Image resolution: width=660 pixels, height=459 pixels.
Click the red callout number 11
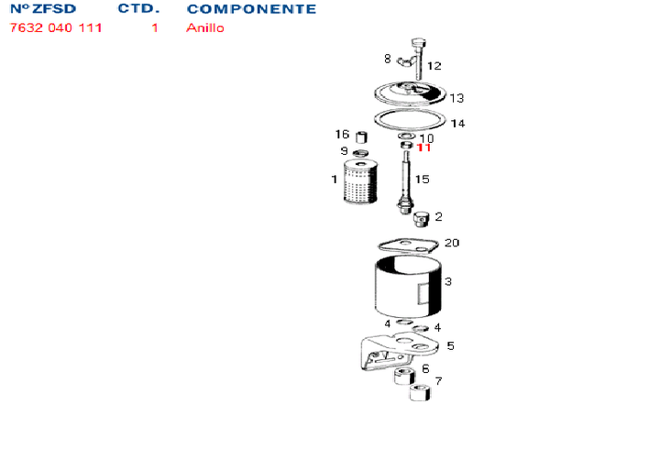[423, 148]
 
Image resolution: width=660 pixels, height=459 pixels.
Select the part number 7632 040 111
[56, 27]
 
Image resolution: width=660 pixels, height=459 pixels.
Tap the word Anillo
[205, 27]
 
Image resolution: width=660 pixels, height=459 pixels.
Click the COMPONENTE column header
[251, 9]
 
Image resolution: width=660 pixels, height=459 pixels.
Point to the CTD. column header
[138, 8]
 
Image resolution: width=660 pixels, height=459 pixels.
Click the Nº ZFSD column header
[42, 8]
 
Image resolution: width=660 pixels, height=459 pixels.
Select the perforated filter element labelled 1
[360, 181]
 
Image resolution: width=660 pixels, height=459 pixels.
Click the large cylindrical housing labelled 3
[407, 287]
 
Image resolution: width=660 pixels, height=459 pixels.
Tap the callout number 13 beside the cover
[456, 98]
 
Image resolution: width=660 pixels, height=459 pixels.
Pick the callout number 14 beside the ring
[457, 124]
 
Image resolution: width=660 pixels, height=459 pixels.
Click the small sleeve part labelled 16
[361, 137]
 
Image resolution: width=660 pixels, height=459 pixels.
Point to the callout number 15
[422, 180]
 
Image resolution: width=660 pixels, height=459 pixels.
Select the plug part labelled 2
[421, 219]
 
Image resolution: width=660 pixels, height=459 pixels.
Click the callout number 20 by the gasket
[452, 243]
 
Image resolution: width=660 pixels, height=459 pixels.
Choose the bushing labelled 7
[420, 392]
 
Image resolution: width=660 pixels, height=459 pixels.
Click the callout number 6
[425, 369]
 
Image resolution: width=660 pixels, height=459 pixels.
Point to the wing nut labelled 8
[405, 61]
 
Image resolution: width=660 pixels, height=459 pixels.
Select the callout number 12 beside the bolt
[434, 66]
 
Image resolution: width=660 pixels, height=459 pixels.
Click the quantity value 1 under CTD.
[155, 27]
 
